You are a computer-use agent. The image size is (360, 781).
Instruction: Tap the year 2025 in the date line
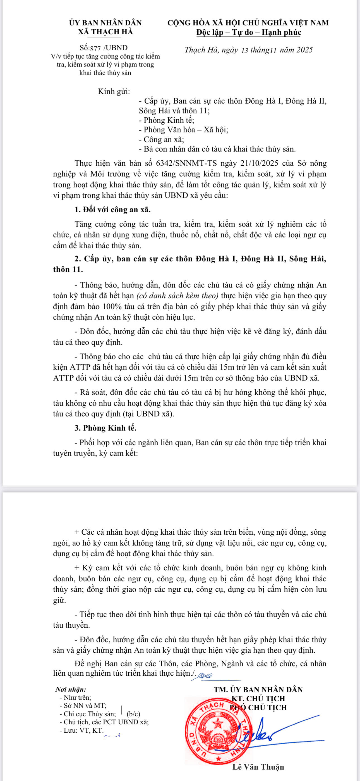pyautogui.click(x=304, y=50)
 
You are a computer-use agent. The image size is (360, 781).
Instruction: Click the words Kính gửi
pyautogui.click(x=114, y=91)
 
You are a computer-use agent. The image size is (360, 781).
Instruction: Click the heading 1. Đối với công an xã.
pyautogui.click(x=112, y=210)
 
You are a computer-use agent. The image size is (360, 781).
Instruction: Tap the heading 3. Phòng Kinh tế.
pyautogui.click(x=105, y=428)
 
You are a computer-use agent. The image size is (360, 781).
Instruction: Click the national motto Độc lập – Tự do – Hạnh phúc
pyautogui.click(x=248, y=32)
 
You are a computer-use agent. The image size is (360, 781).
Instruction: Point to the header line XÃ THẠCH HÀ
pyautogui.click(x=105, y=32)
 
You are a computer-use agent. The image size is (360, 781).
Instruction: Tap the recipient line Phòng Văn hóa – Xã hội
pyautogui.click(x=184, y=130)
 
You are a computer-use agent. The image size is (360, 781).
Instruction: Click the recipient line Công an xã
pyautogui.click(x=162, y=139)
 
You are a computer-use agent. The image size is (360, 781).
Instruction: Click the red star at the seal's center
pyautogui.click(x=218, y=724)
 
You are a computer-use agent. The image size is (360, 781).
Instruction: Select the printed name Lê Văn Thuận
pyautogui.click(x=258, y=767)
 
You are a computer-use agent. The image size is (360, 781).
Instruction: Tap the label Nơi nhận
pyautogui.click(x=71, y=689)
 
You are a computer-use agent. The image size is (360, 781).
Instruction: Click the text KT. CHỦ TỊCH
pyautogui.click(x=258, y=699)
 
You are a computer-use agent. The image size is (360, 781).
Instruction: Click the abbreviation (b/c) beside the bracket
pyautogui.click(x=133, y=714)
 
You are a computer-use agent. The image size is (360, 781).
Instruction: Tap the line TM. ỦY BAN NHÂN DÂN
pyautogui.click(x=258, y=690)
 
